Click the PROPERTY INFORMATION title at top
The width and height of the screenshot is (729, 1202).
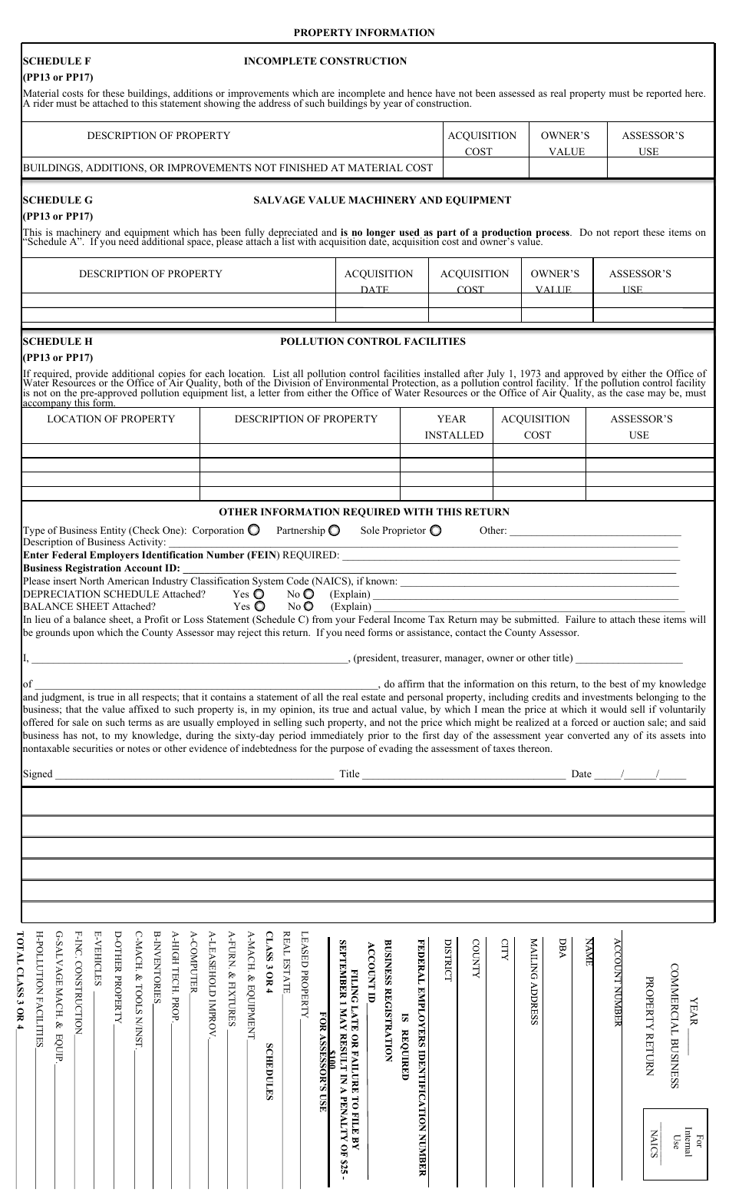tap(364, 32)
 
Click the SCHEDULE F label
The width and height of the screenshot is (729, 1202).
tap(57, 61)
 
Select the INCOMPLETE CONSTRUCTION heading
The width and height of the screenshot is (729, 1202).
tap(325, 61)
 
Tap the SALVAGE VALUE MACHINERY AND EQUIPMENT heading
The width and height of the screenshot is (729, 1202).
tap(382, 200)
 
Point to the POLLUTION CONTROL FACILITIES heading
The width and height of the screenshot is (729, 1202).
tap(373, 341)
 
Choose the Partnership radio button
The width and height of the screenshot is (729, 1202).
tap(335, 530)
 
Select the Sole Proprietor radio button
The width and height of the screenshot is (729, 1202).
tap(436, 530)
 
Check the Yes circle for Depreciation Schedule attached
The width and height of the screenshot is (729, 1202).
tap(259, 594)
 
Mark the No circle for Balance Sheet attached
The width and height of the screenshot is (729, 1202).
tap(308, 606)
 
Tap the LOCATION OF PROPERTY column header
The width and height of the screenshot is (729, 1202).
tap(111, 419)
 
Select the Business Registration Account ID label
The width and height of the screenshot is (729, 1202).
tap(101, 568)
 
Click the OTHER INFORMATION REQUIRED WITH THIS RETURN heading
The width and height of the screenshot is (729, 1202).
tap(364, 512)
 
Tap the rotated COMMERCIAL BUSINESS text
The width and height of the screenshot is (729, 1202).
tap(674, 1026)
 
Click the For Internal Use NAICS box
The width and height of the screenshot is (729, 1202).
tap(674, 1144)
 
